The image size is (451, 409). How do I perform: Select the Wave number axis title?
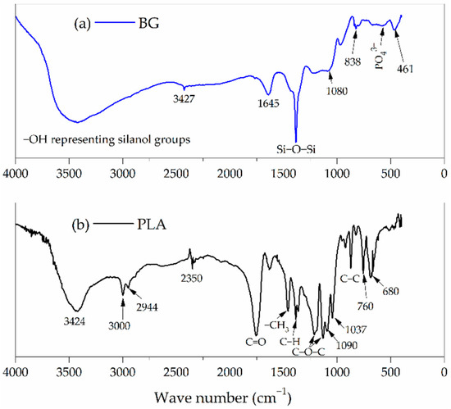(229, 398)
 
